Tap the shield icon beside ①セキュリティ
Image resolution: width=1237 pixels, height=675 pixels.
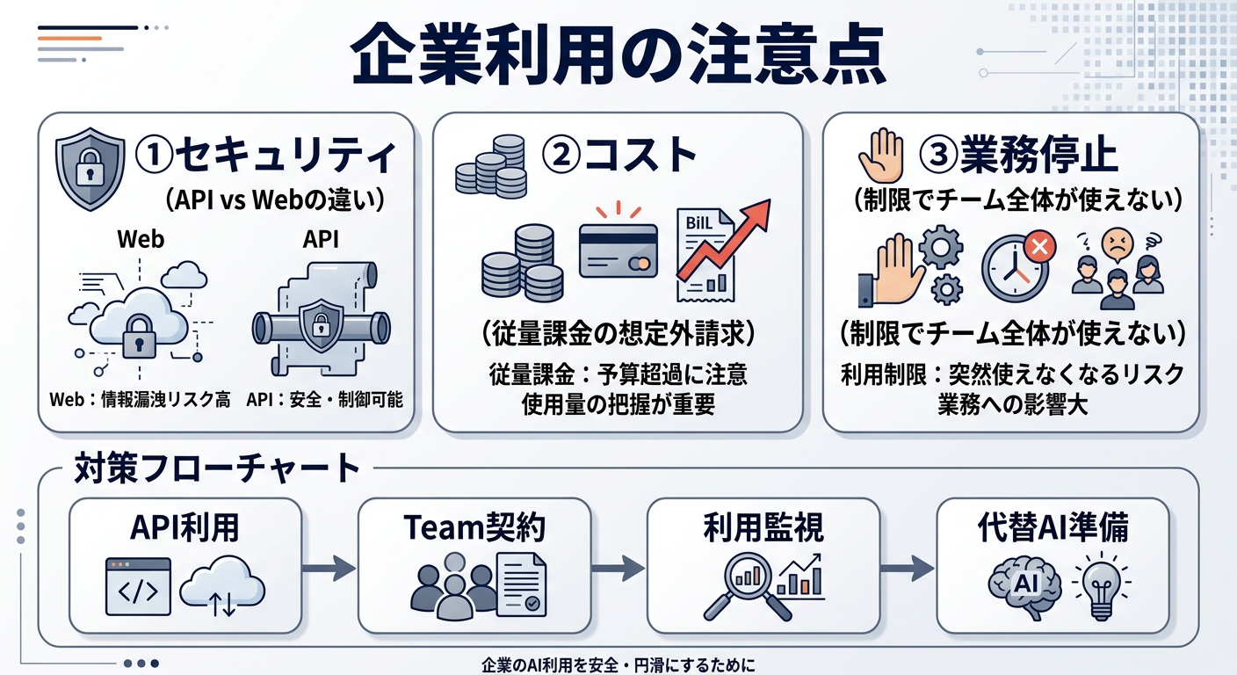click(x=89, y=169)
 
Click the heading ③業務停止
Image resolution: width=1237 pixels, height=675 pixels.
click(x=1018, y=156)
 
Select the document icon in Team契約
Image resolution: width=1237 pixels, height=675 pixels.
click(x=518, y=584)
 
